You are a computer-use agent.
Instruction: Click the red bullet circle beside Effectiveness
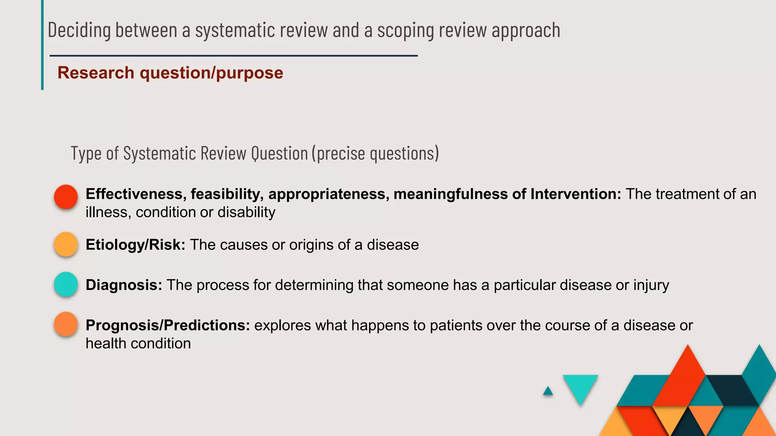(x=66, y=197)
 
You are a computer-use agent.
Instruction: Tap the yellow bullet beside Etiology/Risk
(x=66, y=244)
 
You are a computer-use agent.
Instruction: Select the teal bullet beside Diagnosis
(x=66, y=284)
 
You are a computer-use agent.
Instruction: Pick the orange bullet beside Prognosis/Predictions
(x=66, y=324)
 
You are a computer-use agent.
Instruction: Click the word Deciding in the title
(x=79, y=30)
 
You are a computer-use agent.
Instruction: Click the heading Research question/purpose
(x=170, y=73)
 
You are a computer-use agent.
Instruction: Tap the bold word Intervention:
(x=576, y=194)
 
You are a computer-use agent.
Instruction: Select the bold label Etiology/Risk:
(x=135, y=245)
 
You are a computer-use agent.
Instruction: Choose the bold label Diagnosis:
(x=124, y=285)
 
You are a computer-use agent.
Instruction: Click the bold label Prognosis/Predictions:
(x=167, y=325)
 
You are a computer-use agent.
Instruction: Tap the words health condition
(x=138, y=344)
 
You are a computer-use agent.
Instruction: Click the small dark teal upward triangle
(x=548, y=391)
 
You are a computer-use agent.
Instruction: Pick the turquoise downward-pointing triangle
(x=580, y=387)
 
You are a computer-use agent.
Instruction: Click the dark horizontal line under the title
(x=233, y=56)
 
